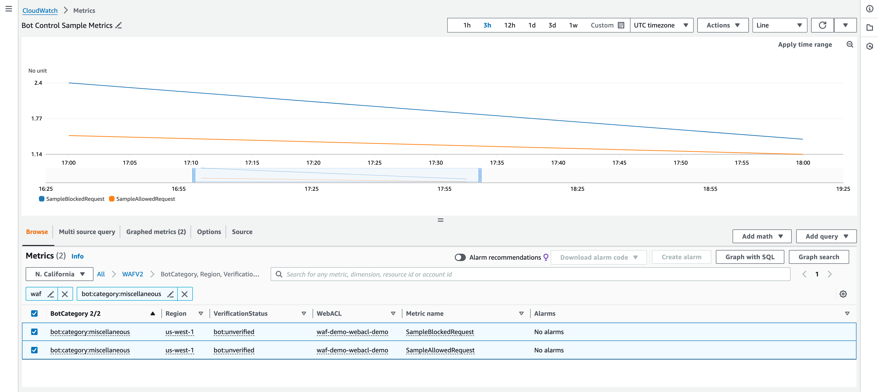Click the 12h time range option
coord(509,25)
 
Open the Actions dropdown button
coord(722,25)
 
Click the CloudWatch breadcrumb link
coord(40,11)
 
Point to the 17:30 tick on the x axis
coord(436,163)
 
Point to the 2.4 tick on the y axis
coord(38,83)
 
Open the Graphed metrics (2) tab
coord(156,232)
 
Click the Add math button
coord(761,236)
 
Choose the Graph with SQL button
coord(750,257)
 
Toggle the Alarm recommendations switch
coord(460,257)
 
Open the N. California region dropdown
coord(59,274)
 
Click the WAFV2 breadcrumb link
coord(133,274)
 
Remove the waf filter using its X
coord(65,294)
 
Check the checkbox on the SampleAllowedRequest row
coord(34,350)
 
